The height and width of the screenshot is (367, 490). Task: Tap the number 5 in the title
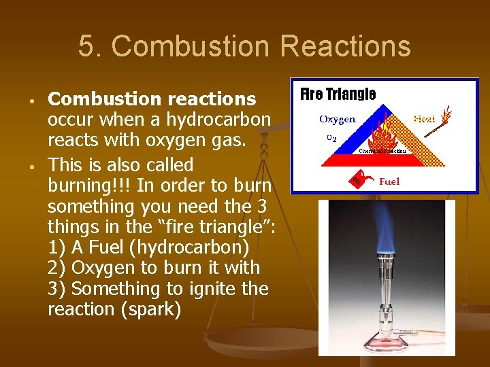click(86, 47)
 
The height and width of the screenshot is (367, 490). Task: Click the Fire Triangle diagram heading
click(338, 94)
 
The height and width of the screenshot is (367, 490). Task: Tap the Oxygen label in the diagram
click(338, 120)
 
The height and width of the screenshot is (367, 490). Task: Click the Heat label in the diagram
click(425, 119)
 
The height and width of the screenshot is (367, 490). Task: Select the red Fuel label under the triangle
click(389, 181)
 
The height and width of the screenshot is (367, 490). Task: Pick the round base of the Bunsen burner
click(387, 336)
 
